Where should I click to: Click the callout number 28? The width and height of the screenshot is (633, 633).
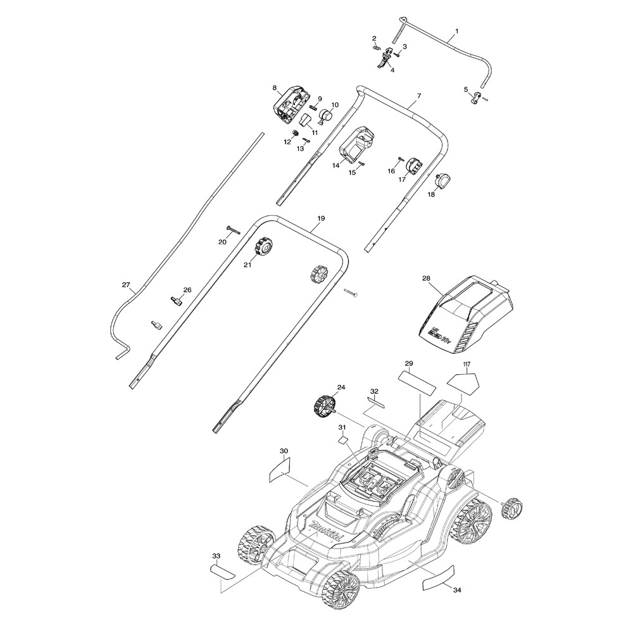(x=425, y=278)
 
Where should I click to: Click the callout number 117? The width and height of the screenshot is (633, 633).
(x=467, y=365)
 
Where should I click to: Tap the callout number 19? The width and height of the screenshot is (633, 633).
(x=321, y=218)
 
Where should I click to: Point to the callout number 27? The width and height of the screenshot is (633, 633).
(x=125, y=285)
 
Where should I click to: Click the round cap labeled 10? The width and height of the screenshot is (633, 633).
(x=327, y=115)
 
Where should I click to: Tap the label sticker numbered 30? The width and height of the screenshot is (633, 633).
(x=279, y=468)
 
